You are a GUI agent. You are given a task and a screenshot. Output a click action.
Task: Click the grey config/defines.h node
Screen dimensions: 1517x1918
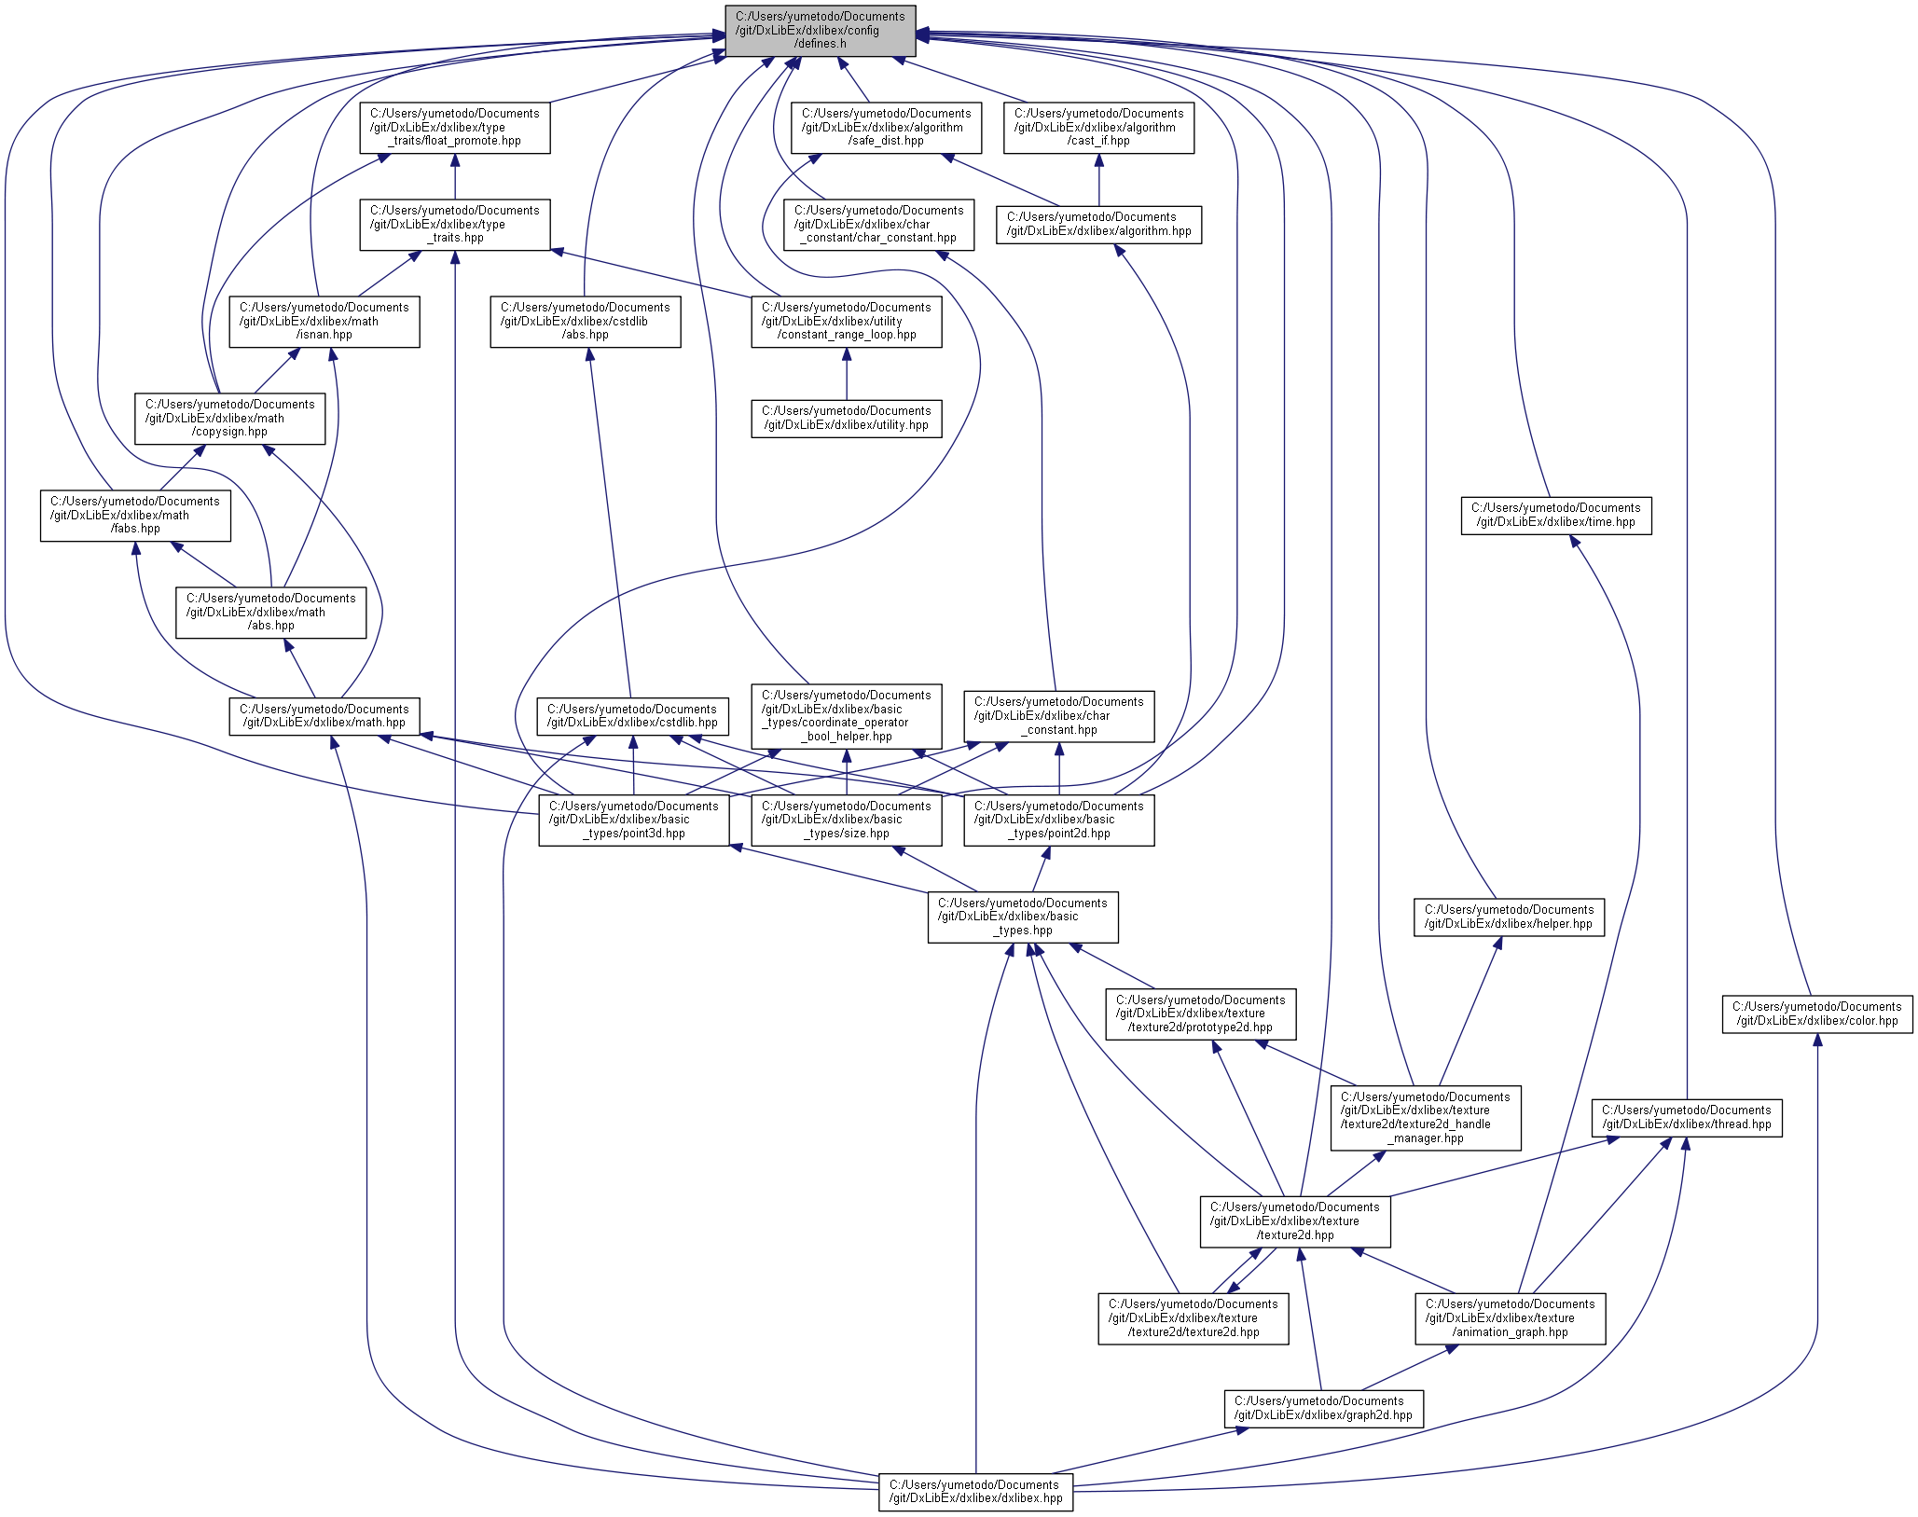pyautogui.click(x=821, y=31)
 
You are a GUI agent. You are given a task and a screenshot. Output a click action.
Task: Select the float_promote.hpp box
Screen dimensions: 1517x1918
pyautogui.click(x=455, y=128)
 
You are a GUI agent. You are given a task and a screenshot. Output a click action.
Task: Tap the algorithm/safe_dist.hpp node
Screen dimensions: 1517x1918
pyautogui.click(x=886, y=128)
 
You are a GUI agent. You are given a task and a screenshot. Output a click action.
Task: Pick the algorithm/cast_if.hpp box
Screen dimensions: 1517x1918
pyautogui.click(x=1098, y=128)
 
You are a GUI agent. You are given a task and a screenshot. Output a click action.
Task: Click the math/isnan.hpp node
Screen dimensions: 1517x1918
pyautogui.click(x=324, y=322)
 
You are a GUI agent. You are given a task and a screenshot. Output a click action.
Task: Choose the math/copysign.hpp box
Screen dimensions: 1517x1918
pyautogui.click(x=230, y=419)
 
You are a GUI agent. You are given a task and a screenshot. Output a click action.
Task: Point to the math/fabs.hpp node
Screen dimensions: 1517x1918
pyautogui.click(x=135, y=516)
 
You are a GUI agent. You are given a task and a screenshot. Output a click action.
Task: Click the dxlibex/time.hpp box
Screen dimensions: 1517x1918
pyautogui.click(x=1555, y=516)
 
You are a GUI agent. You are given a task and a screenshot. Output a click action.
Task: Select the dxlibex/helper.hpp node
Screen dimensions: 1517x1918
pyautogui.click(x=1509, y=917)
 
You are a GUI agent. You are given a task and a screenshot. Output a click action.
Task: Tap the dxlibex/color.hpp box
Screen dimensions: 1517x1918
pyautogui.click(x=1816, y=1014)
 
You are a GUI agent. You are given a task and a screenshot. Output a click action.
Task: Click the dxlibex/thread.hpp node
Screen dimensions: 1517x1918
pyautogui.click(x=1686, y=1117)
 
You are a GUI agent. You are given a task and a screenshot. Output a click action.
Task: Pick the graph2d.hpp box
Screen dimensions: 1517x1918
pyautogui.click(x=1323, y=1408)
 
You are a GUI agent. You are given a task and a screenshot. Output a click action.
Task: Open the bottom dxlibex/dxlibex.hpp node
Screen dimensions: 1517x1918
pyautogui.click(x=975, y=1492)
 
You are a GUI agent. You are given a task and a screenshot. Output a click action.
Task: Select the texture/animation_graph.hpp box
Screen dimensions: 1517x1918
pyautogui.click(x=1510, y=1318)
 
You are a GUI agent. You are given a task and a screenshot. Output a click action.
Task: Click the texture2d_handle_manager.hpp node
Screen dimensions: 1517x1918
pyautogui.click(x=1426, y=1118)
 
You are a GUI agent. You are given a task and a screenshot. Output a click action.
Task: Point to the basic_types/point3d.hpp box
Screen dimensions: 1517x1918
pyautogui.click(x=634, y=821)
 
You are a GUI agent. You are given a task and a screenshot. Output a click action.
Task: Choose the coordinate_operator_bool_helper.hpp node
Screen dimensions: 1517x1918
pyautogui.click(x=847, y=716)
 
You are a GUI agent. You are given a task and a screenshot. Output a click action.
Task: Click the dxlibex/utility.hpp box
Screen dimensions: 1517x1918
pyautogui.click(x=847, y=419)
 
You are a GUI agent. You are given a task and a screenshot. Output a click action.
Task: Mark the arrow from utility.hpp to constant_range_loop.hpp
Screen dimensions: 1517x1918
pyautogui.click(x=847, y=374)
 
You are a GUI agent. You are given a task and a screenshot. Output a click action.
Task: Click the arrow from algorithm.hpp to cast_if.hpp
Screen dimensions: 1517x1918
pyautogui.click(x=1098, y=180)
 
